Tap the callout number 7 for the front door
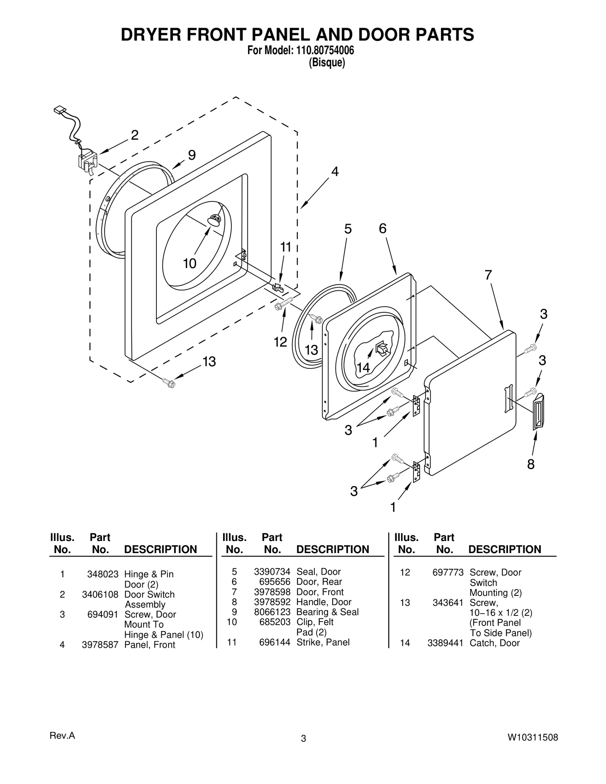click(488, 275)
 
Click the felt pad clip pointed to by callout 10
click(214, 220)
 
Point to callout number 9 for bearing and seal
click(192, 155)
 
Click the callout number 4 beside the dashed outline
click(335, 171)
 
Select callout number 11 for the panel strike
click(286, 247)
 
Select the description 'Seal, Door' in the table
click(318, 572)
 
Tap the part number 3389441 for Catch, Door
click(445, 643)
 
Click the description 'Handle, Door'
click(324, 602)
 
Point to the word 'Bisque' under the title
click(327, 62)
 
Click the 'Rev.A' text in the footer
click(62, 736)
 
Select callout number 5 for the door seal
click(348, 229)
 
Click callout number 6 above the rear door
click(383, 228)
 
